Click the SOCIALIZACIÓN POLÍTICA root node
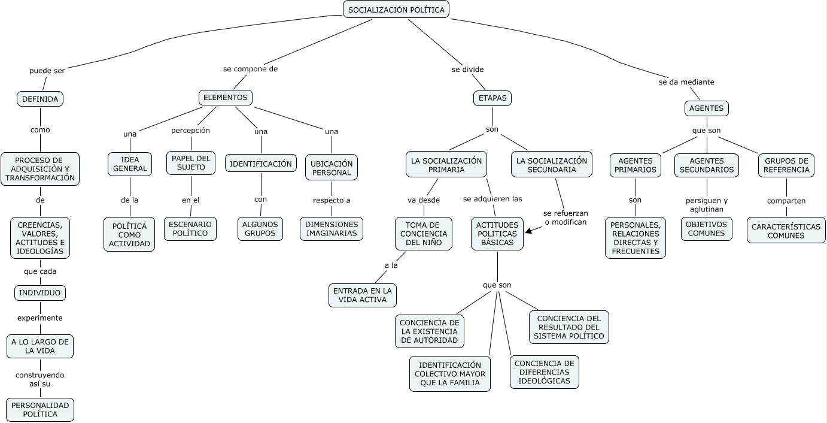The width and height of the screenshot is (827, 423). pos(396,10)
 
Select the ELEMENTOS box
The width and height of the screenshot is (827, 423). pos(225,97)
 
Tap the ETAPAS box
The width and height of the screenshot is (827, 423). pos(492,98)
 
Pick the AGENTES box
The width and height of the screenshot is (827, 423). pos(706,108)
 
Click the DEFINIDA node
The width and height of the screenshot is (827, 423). pos(40,99)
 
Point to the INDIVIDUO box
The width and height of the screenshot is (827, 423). pos(40,293)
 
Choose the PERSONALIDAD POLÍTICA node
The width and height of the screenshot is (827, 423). pos(40,410)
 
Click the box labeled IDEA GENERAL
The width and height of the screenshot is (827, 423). pos(130,164)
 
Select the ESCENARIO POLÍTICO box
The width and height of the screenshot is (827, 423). pos(190,229)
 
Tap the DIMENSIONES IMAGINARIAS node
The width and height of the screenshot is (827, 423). pos(332,229)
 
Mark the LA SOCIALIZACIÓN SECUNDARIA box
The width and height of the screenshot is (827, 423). pos(552,165)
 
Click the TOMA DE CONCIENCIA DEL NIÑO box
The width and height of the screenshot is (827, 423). pos(424,234)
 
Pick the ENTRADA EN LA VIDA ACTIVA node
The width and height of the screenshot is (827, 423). pos(363,295)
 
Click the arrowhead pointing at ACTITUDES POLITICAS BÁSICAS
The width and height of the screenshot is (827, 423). pos(528,231)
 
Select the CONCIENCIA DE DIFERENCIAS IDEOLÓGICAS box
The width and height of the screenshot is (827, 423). pos(544,372)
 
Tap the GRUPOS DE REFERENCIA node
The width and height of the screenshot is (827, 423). pos(786,165)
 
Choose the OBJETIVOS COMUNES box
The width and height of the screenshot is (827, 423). pos(706,229)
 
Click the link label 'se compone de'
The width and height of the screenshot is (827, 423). pos(250,69)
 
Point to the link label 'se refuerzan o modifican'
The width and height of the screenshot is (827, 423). pos(565,217)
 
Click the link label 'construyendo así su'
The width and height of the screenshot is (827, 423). pos(40,379)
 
